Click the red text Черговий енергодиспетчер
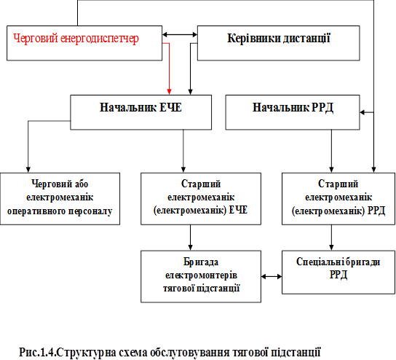[76, 39]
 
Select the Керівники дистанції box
[278, 43]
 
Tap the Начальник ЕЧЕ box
[141, 112]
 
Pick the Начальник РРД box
[293, 112]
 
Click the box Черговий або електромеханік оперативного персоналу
[60, 199]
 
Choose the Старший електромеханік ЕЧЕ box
[201, 199]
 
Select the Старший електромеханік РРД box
[338, 199]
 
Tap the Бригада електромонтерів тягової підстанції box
[201, 276]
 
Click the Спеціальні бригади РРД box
[338, 272]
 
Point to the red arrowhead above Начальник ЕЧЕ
[169, 92]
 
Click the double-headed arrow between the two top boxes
[180, 35]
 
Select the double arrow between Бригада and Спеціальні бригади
[272, 277]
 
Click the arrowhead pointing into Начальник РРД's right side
[363, 112]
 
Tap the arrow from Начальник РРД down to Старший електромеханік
[332, 151]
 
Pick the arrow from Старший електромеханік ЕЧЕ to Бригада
[191, 238]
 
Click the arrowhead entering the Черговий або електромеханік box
[28, 170]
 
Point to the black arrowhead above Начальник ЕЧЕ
[191, 92]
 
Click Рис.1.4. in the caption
[37, 352]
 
